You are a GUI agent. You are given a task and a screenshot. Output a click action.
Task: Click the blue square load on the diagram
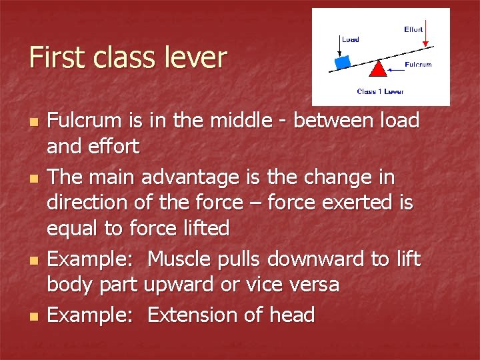[343, 62]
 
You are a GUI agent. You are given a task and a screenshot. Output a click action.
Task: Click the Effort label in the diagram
[413, 29]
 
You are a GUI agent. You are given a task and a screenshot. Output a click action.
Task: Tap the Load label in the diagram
[350, 39]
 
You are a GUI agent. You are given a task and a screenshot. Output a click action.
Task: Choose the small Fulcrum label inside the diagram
[418, 65]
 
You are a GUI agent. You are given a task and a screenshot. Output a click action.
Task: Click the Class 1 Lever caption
[380, 91]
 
